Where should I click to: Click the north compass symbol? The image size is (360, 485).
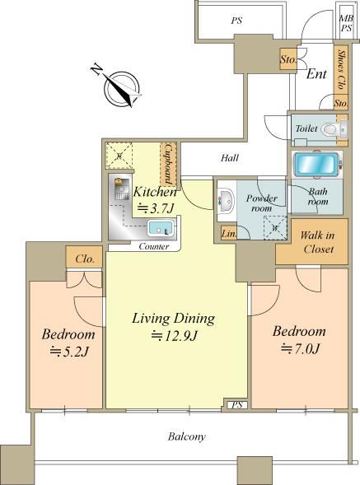121,87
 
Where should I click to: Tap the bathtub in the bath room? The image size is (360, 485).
316,165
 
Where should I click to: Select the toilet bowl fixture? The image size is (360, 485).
330,129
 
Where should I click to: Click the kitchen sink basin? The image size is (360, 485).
160,228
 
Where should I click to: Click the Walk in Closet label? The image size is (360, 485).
317,242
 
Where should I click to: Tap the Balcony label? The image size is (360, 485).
187,436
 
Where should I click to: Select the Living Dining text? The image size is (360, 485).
173,319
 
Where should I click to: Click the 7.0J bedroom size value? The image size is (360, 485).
300,349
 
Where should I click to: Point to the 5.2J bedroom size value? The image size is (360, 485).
70,352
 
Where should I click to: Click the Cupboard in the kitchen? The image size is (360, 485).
168,164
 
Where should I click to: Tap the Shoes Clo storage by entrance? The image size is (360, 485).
341,70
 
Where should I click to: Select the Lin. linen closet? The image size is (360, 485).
229,233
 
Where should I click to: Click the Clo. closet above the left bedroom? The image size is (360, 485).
84,258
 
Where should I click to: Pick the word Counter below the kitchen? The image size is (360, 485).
154,246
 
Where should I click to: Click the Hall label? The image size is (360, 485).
230,158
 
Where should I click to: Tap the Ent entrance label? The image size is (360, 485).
316,74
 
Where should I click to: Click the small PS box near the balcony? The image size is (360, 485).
236,404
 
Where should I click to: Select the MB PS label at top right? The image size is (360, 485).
346,23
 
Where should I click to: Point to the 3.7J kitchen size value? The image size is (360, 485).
155,209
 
